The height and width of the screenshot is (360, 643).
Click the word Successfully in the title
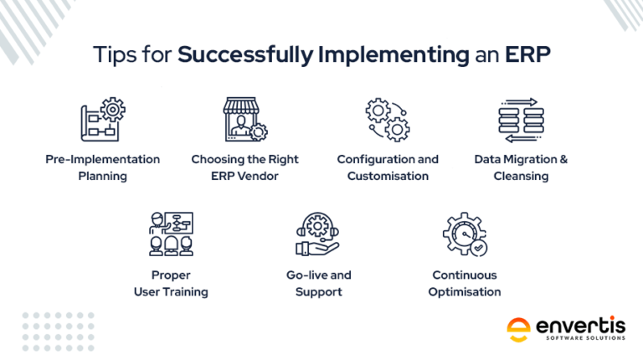(x=245, y=55)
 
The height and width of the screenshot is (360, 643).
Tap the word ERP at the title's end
(x=527, y=54)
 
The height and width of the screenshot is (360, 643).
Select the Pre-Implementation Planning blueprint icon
(x=103, y=120)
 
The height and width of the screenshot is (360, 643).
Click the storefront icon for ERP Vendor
(x=245, y=120)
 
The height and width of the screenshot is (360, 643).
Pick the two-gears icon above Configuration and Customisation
(x=388, y=120)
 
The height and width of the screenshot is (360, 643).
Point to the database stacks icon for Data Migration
(x=522, y=120)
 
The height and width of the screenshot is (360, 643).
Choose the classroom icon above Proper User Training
(x=171, y=234)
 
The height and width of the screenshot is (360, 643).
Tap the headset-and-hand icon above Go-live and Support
(x=318, y=234)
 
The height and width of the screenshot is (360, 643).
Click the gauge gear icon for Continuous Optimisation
(x=465, y=234)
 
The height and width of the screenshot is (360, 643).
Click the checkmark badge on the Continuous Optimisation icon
(x=478, y=248)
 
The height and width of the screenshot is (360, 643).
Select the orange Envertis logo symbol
(x=518, y=330)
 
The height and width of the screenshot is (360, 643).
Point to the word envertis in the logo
(x=581, y=326)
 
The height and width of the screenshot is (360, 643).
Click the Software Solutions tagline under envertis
(x=585, y=338)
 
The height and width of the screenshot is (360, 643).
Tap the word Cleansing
(x=521, y=177)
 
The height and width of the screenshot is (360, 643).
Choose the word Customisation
(x=388, y=176)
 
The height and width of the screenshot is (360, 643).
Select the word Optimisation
(x=465, y=292)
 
